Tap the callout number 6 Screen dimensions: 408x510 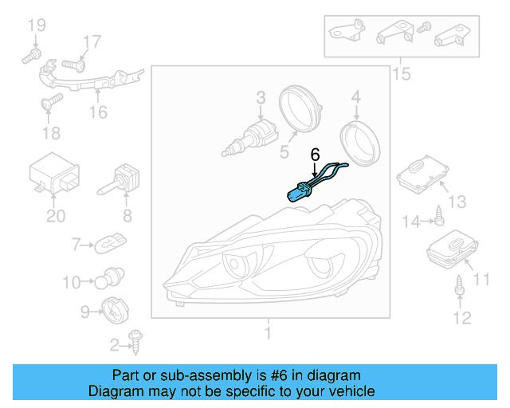tap(315, 153)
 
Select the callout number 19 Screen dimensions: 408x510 tap(37, 26)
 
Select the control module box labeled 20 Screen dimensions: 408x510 tap(53, 175)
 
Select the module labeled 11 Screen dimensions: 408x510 tap(449, 249)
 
